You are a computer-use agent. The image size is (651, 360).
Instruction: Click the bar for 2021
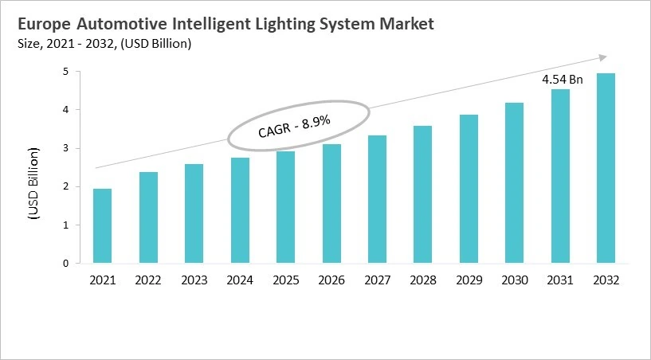[x=103, y=226]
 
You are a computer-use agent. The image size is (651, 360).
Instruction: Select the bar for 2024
[x=240, y=210]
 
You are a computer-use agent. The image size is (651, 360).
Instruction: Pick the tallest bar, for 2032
[x=606, y=168]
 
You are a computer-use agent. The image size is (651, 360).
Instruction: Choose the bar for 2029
[x=469, y=189]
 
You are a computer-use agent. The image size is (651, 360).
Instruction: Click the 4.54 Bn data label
[x=563, y=80]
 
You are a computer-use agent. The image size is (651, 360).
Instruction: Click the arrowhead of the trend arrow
[x=602, y=57]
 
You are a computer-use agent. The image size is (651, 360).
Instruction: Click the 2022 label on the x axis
[x=148, y=280]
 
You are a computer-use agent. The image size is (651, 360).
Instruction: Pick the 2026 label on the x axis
[x=331, y=280]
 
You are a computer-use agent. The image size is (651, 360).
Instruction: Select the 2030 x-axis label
[x=514, y=280]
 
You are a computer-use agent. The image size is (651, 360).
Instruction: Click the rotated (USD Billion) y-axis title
[x=34, y=182]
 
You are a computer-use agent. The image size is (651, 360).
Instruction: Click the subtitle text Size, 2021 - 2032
[x=72, y=44]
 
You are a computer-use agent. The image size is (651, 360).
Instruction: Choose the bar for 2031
[x=560, y=176]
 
